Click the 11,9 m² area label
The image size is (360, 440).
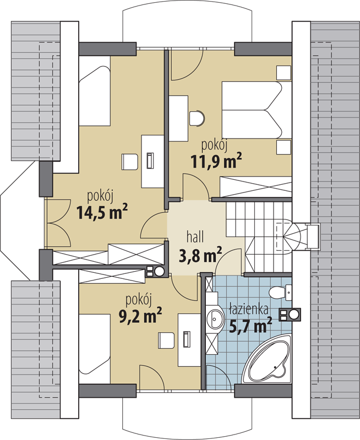(216, 161)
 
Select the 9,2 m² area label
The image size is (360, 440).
(140, 315)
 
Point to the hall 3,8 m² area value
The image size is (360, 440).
(200, 255)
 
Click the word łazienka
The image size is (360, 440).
(248, 309)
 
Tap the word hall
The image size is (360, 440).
(195, 237)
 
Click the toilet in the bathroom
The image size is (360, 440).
(280, 293)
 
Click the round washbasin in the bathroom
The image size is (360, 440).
(216, 320)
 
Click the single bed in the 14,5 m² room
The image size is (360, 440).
(94, 91)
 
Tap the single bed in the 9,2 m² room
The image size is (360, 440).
(94, 349)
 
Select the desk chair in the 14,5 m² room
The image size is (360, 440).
(130, 162)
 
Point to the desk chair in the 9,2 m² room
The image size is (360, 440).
(166, 340)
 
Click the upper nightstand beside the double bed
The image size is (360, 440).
(283, 73)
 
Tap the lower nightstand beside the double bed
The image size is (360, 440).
(283, 147)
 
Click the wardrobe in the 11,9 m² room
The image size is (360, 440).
(256, 187)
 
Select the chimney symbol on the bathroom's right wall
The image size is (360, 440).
(290, 314)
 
